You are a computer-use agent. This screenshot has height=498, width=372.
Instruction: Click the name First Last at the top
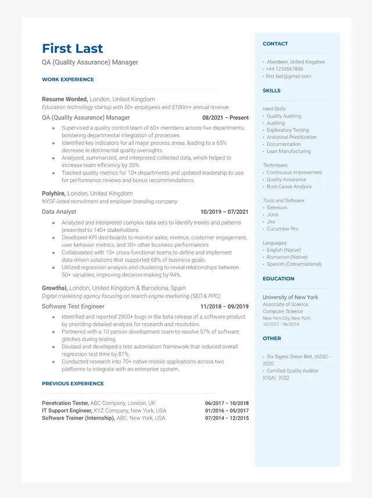[x=72, y=48]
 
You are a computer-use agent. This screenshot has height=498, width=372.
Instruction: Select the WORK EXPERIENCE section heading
[x=67, y=80]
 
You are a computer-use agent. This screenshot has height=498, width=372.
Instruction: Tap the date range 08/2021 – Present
[x=225, y=117]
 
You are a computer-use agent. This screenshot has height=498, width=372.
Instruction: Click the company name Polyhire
[x=53, y=194]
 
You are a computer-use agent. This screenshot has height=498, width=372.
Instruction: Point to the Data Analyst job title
[x=59, y=212]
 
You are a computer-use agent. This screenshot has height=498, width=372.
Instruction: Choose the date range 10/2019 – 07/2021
[x=224, y=212]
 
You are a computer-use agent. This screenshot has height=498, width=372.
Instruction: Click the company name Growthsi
[x=55, y=288]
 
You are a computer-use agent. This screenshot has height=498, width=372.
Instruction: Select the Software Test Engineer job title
[x=73, y=307]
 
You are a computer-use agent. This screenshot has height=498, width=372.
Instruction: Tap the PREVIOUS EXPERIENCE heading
[x=73, y=384]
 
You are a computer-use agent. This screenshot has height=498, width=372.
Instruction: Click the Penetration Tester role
[x=65, y=403]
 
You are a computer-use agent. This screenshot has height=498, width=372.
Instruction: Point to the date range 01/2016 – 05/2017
[x=227, y=411]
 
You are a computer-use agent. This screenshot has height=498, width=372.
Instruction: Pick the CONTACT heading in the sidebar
[x=275, y=44]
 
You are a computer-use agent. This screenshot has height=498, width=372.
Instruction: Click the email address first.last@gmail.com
[x=289, y=76]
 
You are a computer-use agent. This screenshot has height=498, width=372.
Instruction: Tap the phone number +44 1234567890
[x=285, y=69]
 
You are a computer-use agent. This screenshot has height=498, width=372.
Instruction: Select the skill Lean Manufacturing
[x=288, y=152]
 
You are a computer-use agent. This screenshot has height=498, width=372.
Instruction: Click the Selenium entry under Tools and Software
[x=277, y=208]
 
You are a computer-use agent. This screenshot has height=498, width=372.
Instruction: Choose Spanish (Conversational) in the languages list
[x=294, y=264]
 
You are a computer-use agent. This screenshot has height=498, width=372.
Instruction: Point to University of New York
[x=290, y=298]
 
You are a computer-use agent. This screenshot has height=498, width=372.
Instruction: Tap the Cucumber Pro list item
[x=282, y=229]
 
